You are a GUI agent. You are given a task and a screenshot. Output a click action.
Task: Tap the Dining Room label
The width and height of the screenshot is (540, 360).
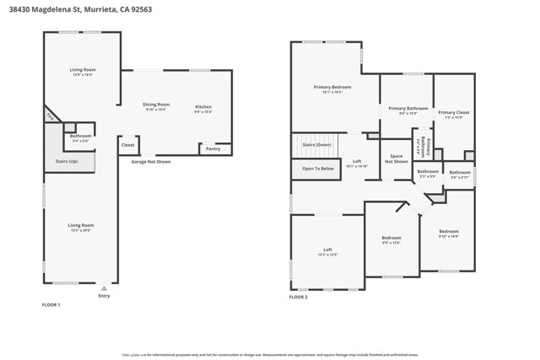tap(156, 105)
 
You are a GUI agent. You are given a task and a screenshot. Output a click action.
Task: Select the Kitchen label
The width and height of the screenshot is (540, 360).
tap(203, 106)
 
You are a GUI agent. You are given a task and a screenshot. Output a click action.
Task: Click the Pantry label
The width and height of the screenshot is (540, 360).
tap(213, 149)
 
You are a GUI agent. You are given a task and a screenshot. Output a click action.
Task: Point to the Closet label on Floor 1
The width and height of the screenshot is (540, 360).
tap(127, 145)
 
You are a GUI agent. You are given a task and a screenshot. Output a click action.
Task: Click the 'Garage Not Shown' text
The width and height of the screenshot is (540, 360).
tap(151, 161)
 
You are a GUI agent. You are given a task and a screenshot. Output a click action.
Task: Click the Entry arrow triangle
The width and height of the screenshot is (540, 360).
tap(104, 288)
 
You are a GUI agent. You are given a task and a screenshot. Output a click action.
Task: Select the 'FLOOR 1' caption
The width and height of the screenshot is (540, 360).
tap(51, 304)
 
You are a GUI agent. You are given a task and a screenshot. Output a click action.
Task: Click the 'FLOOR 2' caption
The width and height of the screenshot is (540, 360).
tap(299, 298)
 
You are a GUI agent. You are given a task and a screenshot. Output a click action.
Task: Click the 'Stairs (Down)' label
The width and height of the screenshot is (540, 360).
tap(316, 145)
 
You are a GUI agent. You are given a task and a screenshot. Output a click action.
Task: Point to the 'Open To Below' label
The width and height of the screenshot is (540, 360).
tap(318, 169)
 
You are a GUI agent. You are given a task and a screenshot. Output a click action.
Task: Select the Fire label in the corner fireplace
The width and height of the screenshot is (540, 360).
tap(50, 116)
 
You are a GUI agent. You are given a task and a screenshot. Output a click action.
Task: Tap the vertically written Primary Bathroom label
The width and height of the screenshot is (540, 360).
tap(428, 148)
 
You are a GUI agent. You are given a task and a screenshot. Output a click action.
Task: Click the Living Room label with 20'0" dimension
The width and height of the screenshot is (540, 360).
tap(81, 225)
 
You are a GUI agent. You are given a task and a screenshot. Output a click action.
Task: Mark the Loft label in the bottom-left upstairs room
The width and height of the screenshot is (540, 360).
tap(327, 250)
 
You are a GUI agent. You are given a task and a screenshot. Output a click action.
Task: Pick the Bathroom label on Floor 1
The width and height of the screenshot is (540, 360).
tap(81, 136)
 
